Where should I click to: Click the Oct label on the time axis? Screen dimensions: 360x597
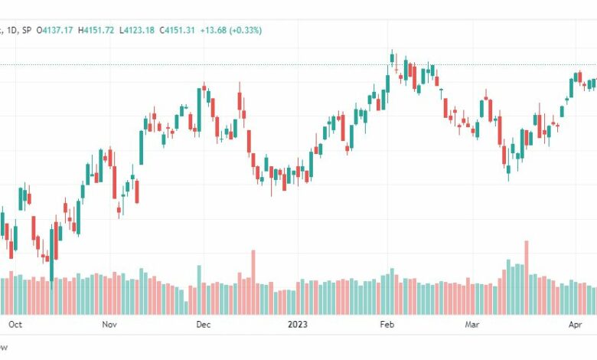(14, 324)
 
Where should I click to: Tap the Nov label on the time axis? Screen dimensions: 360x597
(109, 324)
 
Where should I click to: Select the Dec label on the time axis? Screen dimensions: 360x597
(202, 324)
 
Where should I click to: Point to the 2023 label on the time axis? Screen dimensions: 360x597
(298, 324)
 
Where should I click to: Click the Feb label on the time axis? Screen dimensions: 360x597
(387, 324)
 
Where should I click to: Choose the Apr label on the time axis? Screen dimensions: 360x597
(576, 324)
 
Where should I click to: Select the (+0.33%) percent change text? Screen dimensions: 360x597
(246, 30)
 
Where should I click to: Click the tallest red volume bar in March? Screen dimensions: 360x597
(526, 276)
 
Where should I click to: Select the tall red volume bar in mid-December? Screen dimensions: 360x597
(253, 280)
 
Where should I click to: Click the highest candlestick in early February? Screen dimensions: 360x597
(392, 59)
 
